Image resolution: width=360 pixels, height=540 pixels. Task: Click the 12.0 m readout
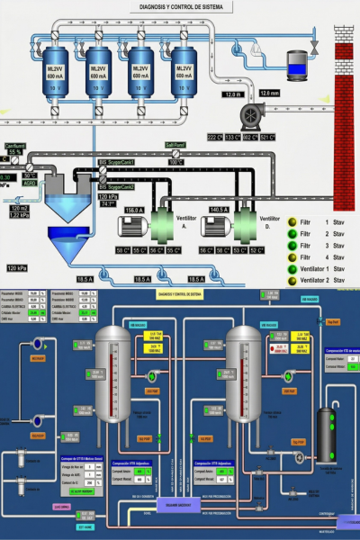[x=234, y=94]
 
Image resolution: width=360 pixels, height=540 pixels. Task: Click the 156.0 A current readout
[x=135, y=210]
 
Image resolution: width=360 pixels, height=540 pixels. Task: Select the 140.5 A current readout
[x=220, y=210]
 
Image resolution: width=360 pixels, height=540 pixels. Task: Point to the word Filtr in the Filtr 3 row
[x=306, y=256]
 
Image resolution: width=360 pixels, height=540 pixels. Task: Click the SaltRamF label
[x=175, y=144]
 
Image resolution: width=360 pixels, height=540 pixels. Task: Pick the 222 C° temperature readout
[x=215, y=137]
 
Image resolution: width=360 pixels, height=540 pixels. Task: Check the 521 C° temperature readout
[x=268, y=137]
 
